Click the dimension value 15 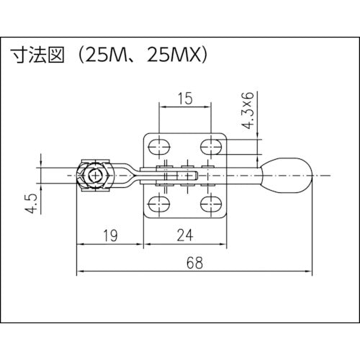pos(184,99)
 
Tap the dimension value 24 pos(185,234)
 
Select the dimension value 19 pos(110,234)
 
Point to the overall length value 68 pos(193,264)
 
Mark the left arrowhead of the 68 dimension pos(79,271)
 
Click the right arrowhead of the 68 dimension pos(312,271)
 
